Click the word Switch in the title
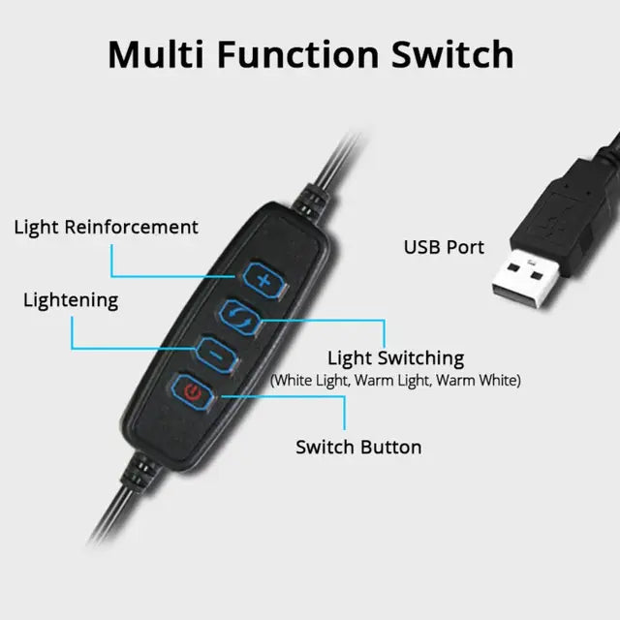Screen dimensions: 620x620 point(451,54)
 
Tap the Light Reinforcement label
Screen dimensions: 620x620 point(106,228)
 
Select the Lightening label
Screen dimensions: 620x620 point(71,300)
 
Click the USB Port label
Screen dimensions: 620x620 point(444,248)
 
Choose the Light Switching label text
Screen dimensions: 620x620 point(395,358)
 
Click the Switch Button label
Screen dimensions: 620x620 point(358,448)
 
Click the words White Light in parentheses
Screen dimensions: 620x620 point(311,381)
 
